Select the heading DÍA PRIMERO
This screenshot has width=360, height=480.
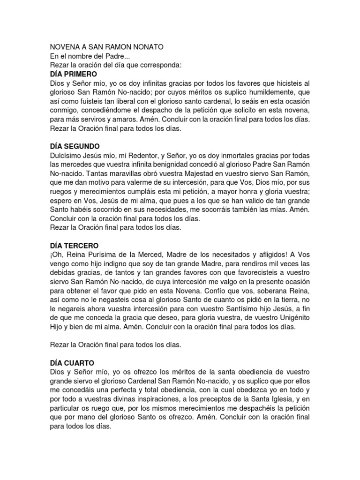[x=73, y=75]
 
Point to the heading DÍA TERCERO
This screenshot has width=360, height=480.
[x=74, y=246]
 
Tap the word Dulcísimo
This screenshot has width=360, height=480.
[x=67, y=155]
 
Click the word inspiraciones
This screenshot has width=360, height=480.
[x=154, y=399]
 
